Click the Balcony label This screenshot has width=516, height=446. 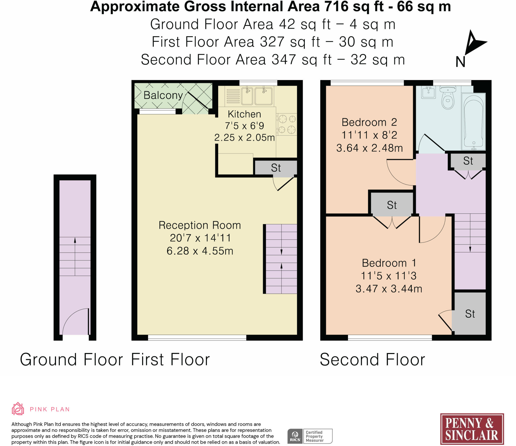click(163, 95)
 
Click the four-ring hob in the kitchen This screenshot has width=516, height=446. click(287, 124)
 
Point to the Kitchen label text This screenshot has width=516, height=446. click(244, 114)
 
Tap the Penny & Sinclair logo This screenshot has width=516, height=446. click(472, 429)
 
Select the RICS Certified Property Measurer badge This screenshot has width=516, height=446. click(310, 436)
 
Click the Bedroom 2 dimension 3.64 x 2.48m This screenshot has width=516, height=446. click(369, 148)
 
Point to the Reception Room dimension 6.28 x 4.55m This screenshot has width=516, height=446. click(200, 251)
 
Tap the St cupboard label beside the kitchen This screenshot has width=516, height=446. click(276, 168)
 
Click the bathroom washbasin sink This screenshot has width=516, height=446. click(428, 92)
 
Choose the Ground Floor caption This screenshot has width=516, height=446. click(71, 360)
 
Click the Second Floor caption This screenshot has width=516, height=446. click(372, 360)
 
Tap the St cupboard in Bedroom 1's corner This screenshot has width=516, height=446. click(470, 314)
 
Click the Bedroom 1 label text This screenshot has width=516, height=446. click(389, 263)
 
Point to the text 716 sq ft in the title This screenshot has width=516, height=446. click(354, 7)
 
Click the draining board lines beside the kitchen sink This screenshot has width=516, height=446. click(233, 96)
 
